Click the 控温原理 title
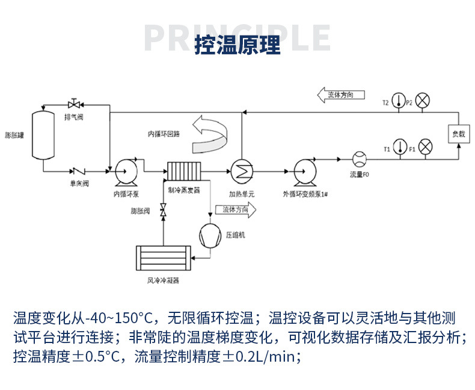(x=237, y=45)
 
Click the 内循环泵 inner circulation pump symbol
(x=127, y=171)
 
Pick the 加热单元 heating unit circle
(x=242, y=171)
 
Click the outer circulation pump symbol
(x=305, y=172)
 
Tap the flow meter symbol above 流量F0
(x=359, y=159)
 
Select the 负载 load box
(x=458, y=134)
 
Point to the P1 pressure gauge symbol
(x=425, y=146)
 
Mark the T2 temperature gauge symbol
(x=398, y=100)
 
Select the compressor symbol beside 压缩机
(x=210, y=235)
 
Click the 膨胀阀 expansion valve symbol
(x=162, y=211)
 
